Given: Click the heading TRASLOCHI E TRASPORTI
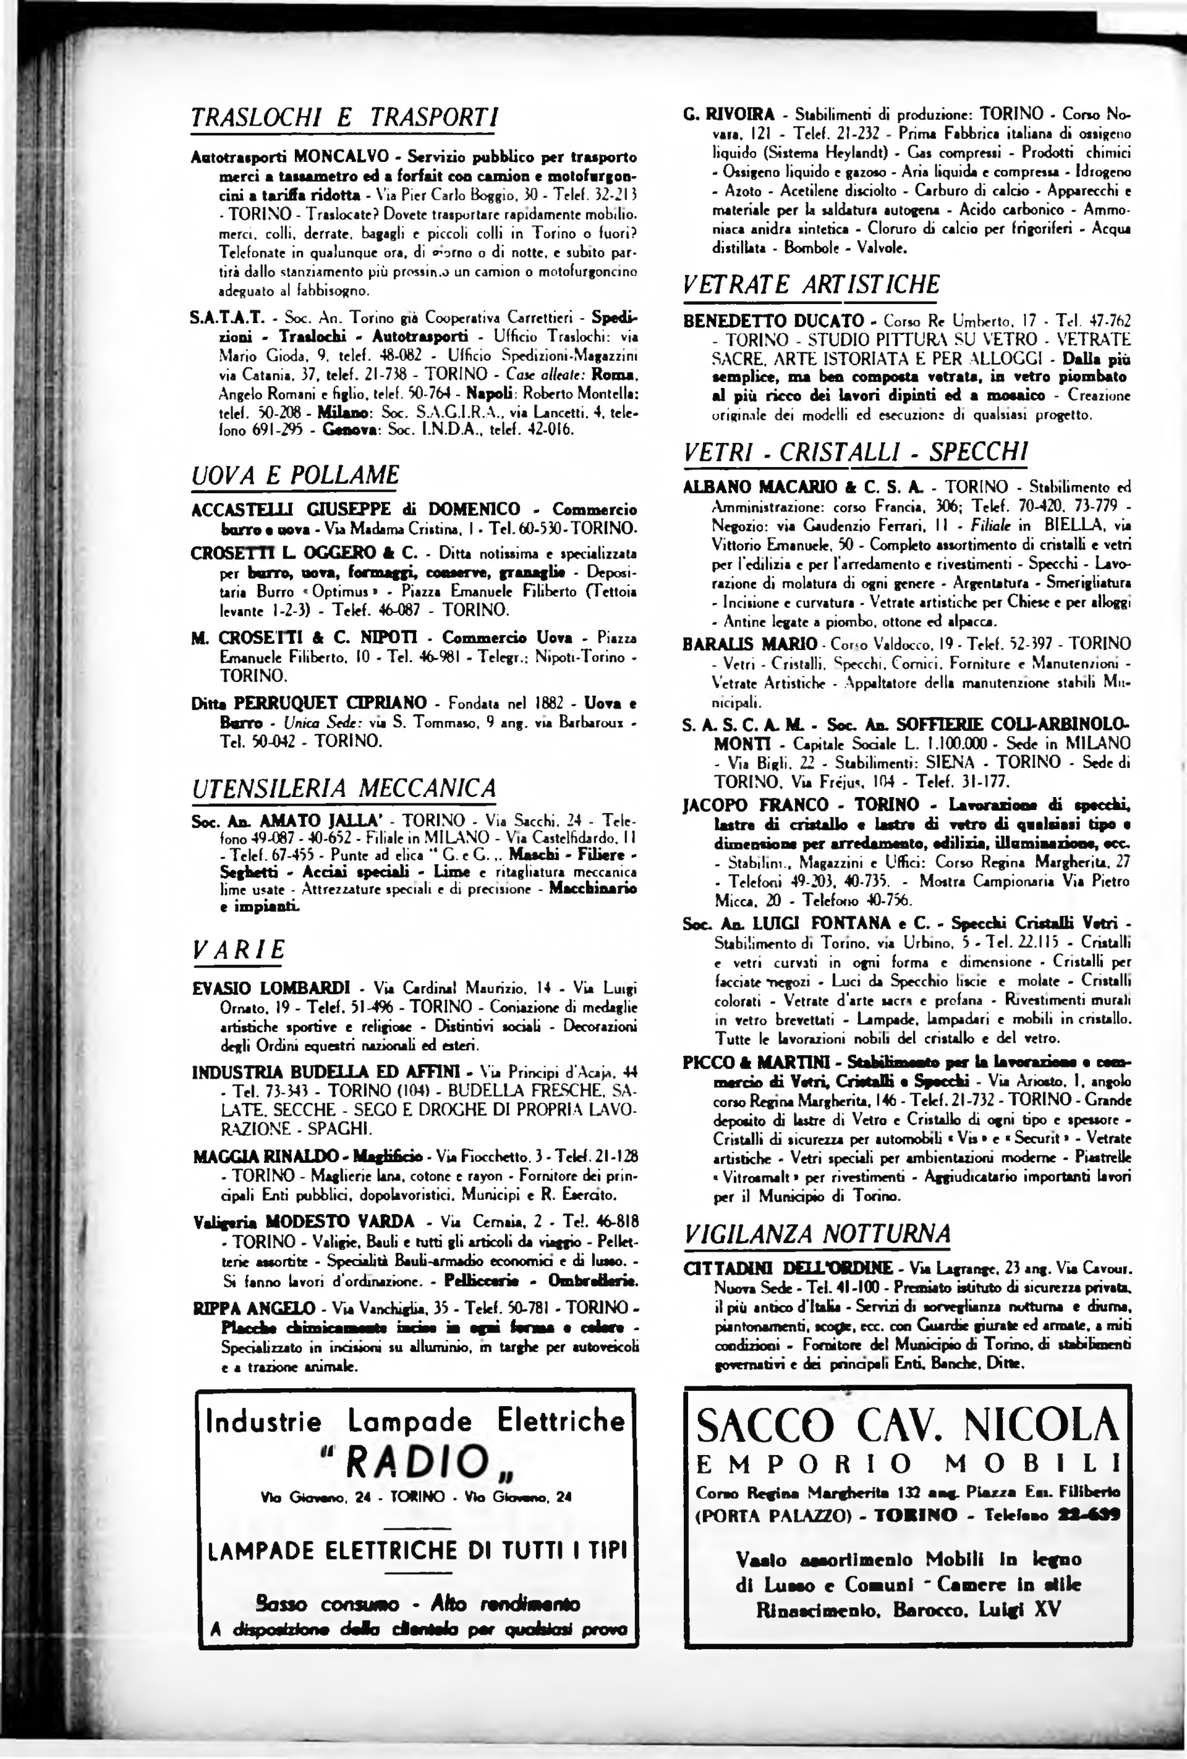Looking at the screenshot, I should pos(344,118).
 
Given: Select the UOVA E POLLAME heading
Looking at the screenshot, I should pos(296,475).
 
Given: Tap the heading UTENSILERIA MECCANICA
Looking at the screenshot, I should pos(344,788).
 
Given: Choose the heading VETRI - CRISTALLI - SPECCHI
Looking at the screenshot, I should pos(856,452).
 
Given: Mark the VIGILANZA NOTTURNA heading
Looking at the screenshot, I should pos(817,1234).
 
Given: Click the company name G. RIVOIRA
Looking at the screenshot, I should pos(729,115).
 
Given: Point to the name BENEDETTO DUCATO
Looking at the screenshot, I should pos(773,321).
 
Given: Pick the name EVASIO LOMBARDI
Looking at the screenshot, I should pos(271,988).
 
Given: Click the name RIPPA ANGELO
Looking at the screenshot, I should pos(253,1308).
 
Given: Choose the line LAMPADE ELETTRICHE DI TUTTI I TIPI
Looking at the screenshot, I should pos(418,1550).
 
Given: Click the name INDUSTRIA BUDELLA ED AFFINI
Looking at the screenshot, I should pos(326,1072).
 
